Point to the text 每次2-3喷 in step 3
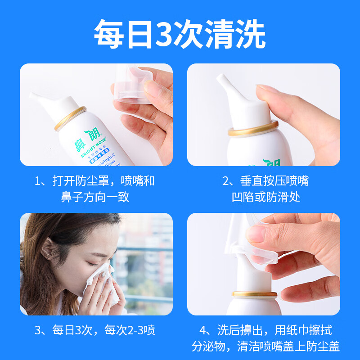[x=131, y=330]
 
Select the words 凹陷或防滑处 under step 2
[x=266, y=197]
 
